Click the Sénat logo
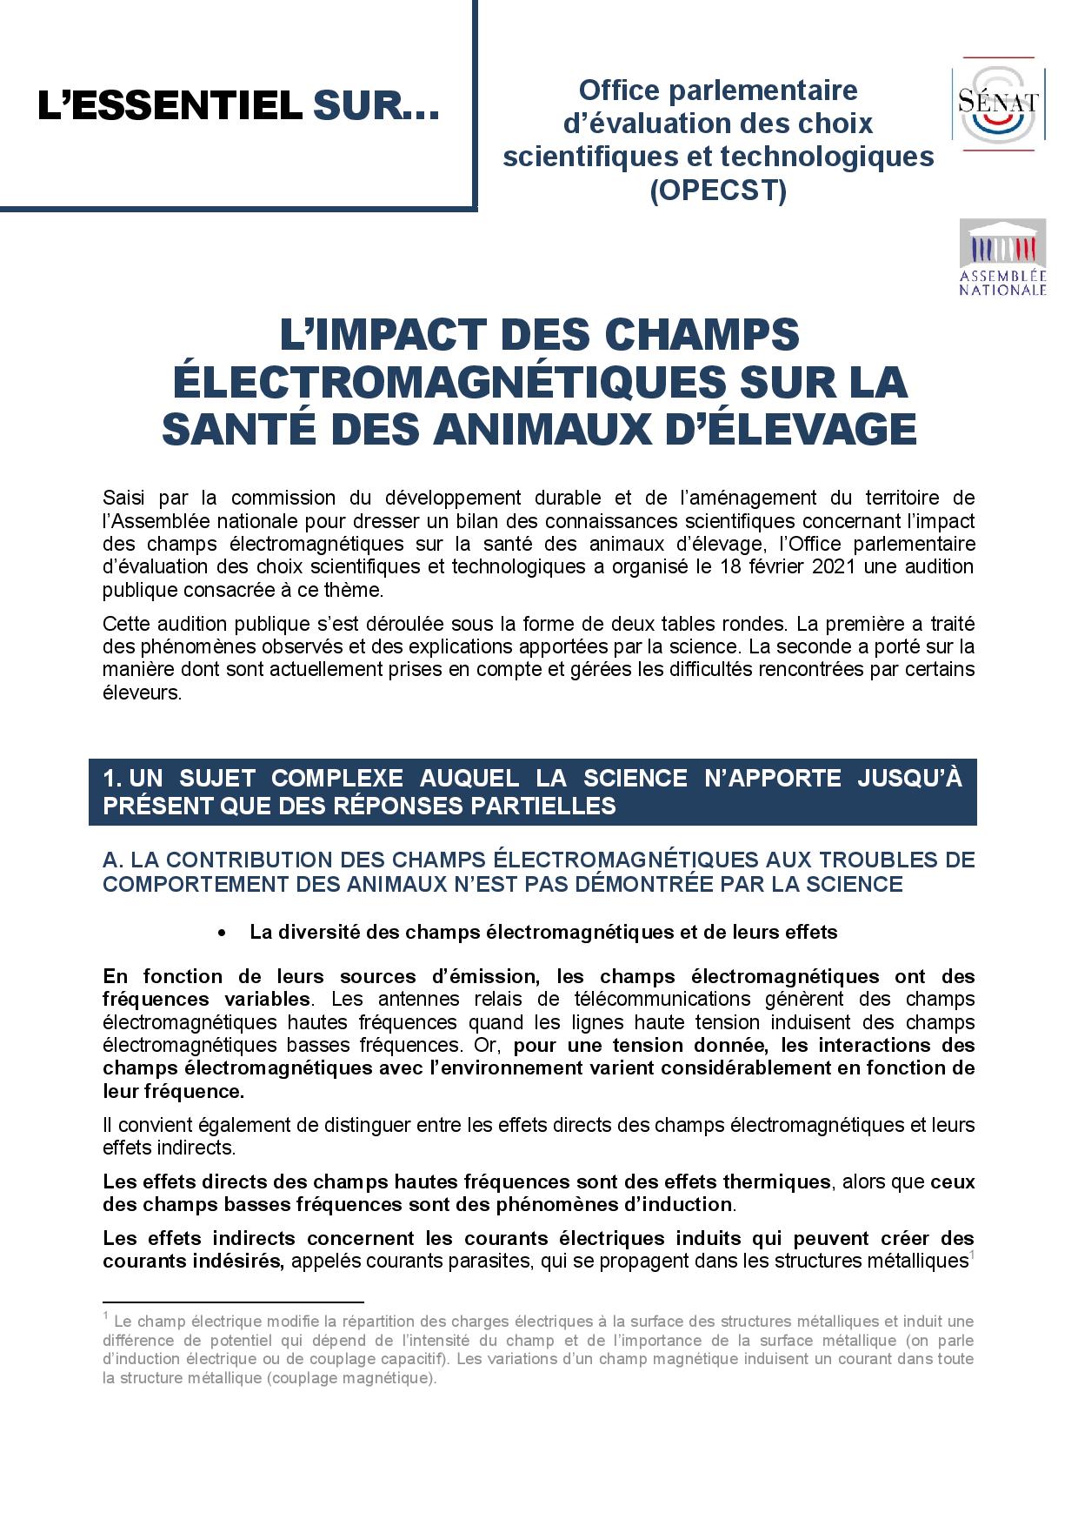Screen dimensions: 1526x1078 (998, 103)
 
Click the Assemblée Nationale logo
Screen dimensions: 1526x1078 (1001, 258)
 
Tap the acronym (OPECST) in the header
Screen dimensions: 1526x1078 (718, 190)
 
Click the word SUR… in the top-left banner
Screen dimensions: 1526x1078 (376, 108)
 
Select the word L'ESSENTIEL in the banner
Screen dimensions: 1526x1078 (169, 108)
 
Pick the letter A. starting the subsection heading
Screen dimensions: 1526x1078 (112, 860)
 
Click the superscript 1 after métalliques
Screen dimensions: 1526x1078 (971, 1255)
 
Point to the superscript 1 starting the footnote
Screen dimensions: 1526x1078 (105, 1315)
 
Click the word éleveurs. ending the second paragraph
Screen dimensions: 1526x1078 (142, 695)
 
